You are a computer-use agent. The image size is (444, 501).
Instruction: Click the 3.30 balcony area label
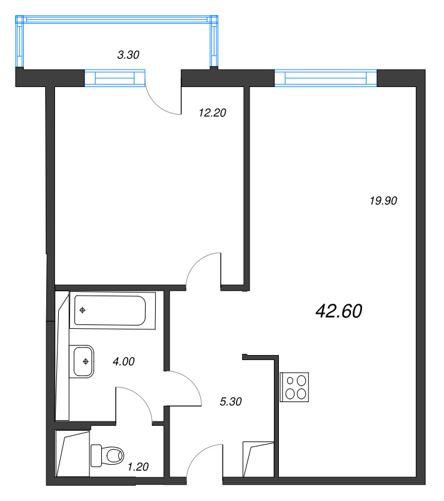(x=128, y=55)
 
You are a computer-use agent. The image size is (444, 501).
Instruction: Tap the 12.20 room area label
(x=213, y=113)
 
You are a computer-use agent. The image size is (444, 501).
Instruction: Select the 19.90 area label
(x=383, y=201)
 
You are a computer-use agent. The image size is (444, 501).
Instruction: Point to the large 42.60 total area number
(x=339, y=311)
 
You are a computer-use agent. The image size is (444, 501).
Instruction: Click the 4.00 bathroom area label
(x=124, y=362)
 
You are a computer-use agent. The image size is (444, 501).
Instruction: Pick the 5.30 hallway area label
(x=231, y=401)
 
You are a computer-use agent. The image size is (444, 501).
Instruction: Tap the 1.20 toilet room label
(x=138, y=467)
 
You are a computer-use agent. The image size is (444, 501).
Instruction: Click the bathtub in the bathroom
(x=113, y=311)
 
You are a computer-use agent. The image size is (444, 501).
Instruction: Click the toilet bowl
(x=108, y=455)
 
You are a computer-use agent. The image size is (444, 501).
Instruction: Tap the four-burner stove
(x=295, y=387)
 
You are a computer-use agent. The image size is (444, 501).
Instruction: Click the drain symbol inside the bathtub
(x=83, y=310)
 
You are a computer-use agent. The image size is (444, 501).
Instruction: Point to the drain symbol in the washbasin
(x=86, y=362)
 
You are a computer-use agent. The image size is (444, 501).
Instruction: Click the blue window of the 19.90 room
(x=326, y=78)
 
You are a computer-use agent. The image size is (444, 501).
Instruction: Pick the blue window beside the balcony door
(x=115, y=78)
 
